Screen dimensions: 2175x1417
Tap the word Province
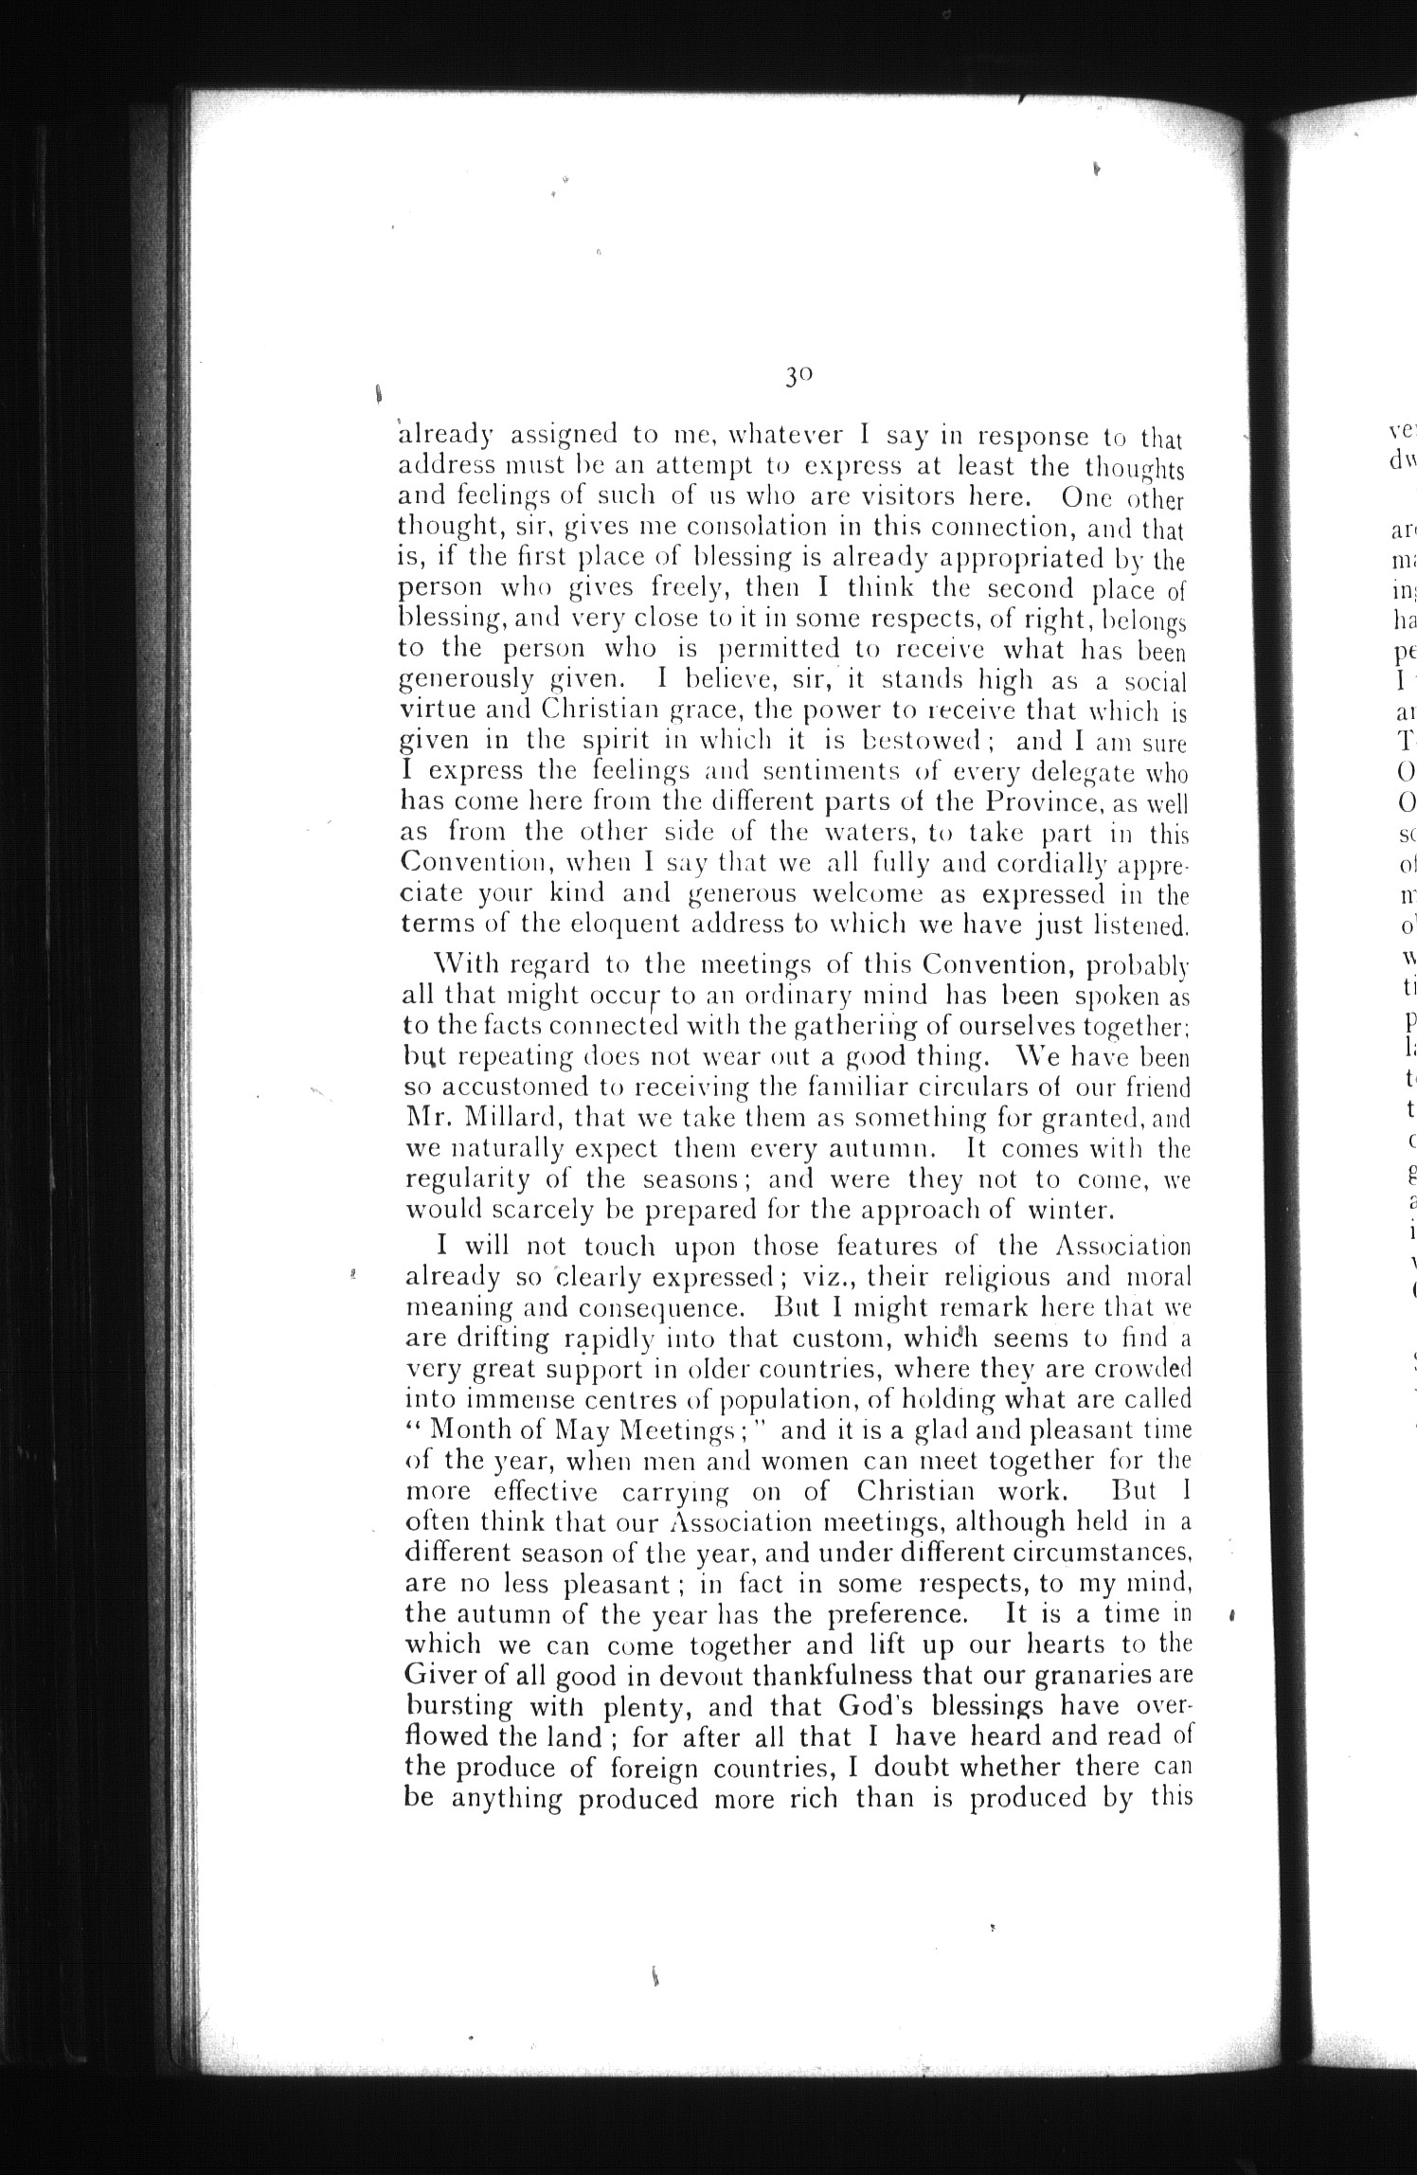pyautogui.click(x=1039, y=804)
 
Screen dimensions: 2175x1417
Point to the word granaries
pyautogui.click(x=1085, y=1676)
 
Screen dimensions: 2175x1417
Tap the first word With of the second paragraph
pyautogui.click(x=465, y=966)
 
